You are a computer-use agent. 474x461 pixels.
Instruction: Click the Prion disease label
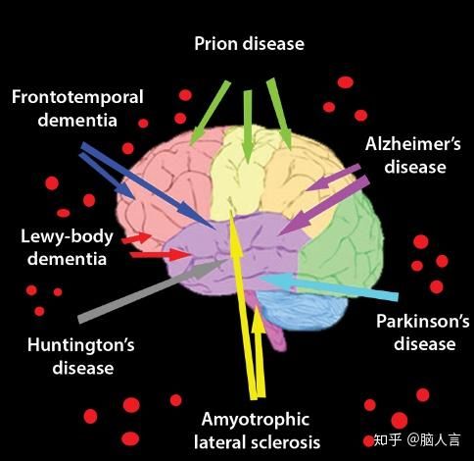point(250,44)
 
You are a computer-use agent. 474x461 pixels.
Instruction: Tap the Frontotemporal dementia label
point(77,109)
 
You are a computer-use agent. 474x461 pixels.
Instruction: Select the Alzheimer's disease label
point(413,156)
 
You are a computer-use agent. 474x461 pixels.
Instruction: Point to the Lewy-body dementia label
point(68,247)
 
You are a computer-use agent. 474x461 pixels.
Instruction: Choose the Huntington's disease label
point(81,356)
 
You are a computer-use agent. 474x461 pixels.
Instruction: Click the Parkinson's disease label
point(423,333)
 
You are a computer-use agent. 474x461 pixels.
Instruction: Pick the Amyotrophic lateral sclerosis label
point(257,431)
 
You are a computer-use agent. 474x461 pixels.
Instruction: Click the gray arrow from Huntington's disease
point(152,290)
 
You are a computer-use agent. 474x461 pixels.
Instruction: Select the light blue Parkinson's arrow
point(328,286)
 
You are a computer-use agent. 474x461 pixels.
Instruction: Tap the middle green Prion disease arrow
point(248,127)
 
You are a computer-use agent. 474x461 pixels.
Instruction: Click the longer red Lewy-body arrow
point(160,254)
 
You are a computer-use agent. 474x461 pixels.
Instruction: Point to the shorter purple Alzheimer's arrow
point(333,178)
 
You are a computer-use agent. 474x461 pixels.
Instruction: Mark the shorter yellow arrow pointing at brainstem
point(260,352)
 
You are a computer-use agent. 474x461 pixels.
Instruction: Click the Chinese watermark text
point(417,440)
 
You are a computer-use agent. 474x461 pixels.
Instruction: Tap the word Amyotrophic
point(256,420)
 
